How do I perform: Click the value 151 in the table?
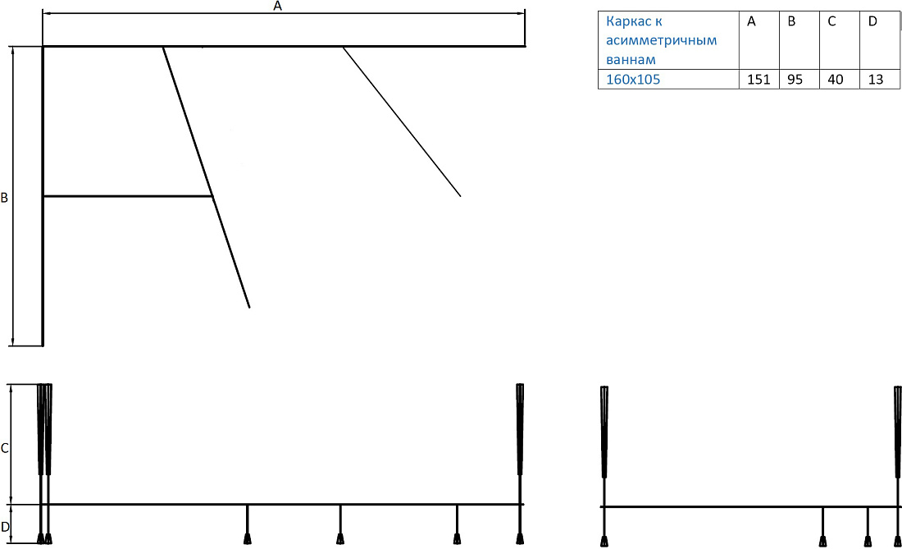pos(758,80)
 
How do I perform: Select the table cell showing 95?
pos(795,80)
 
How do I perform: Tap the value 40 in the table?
pos(836,80)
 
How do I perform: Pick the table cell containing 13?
pos(875,80)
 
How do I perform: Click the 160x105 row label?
pos(633,80)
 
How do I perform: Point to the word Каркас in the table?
pos(626,22)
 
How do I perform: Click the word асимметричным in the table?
pos(661,41)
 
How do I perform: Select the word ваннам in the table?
pos(631,60)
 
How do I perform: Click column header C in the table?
pos(831,22)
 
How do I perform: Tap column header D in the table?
pos(872,22)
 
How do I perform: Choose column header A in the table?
pos(751,22)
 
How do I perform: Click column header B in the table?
pos(791,22)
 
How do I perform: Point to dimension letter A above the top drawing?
pos(278,6)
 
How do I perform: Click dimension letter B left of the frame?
pos(4,198)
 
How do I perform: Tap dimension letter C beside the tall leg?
pos(5,448)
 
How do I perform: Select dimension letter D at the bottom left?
pos(5,527)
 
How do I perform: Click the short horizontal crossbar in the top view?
pos(128,197)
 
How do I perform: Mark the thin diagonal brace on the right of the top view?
pos(402,121)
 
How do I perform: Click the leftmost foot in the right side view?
pos(604,540)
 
